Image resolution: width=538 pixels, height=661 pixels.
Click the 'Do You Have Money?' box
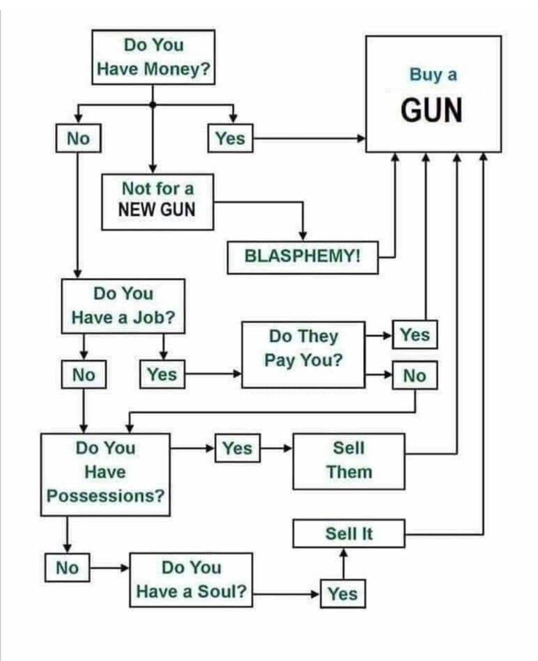[153, 57]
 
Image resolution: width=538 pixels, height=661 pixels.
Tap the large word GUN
[432, 110]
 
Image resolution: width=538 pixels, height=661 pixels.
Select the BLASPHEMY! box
[302, 257]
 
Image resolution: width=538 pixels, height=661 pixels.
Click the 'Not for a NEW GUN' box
[157, 202]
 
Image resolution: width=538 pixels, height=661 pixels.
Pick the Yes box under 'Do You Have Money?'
[230, 138]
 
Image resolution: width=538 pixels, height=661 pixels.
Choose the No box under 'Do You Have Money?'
[78, 138]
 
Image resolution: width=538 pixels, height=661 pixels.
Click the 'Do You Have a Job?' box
[123, 306]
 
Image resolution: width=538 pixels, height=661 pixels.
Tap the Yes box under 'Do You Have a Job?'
[162, 374]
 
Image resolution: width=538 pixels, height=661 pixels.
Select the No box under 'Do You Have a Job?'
[83, 374]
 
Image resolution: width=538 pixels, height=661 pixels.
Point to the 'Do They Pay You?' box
[303, 354]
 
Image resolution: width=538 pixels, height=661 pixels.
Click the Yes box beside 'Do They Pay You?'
[415, 334]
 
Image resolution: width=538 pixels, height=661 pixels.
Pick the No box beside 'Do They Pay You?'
[415, 375]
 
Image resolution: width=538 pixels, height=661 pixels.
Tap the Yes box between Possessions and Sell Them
[237, 448]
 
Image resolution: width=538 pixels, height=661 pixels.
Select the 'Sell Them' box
[349, 461]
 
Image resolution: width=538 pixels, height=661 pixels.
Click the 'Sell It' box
[349, 534]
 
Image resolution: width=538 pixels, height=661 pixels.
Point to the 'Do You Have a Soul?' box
[191, 580]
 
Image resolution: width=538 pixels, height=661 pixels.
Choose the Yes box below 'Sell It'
[343, 594]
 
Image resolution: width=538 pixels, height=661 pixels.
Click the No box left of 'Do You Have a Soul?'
[67, 568]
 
